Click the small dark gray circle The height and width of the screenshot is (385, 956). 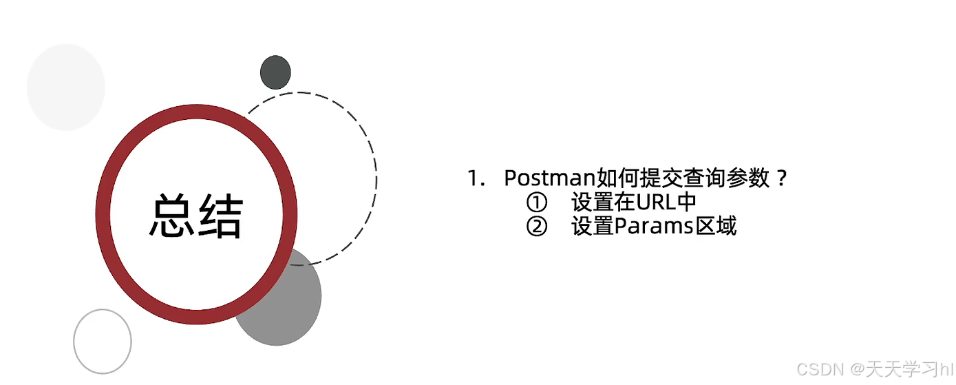[x=275, y=72]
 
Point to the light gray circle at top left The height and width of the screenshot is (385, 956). [x=65, y=87]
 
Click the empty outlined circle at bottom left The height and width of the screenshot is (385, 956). [x=103, y=342]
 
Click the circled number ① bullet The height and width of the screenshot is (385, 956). [x=536, y=202]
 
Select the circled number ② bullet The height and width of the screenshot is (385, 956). [x=536, y=226]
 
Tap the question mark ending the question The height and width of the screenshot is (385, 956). [x=780, y=178]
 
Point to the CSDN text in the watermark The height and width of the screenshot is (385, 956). [x=820, y=369]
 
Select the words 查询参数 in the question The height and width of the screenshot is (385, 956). [x=725, y=178]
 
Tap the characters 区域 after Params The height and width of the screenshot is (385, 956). [x=715, y=226]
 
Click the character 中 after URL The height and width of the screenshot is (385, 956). [x=687, y=202]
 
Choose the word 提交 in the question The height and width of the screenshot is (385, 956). [x=660, y=178]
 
